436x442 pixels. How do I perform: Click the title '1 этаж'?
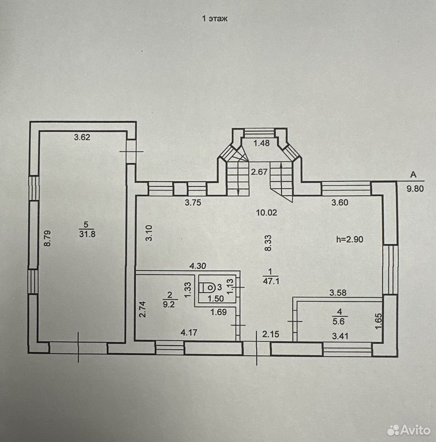tap(215, 19)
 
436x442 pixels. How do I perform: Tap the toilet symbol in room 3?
tap(208, 287)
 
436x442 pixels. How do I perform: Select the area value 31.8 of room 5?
tap(87, 234)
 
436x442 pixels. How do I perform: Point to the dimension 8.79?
tap(47, 238)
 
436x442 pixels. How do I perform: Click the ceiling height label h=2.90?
tap(350, 239)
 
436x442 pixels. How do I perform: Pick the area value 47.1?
tap(271, 281)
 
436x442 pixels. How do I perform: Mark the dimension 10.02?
tap(267, 213)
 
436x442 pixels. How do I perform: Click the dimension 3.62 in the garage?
tap(82, 137)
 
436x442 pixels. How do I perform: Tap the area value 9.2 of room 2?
tap(169, 305)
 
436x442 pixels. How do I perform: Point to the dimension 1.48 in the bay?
tap(262, 143)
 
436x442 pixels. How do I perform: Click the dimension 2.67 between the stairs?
tap(259, 171)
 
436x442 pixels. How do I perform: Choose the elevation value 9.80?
tap(415, 189)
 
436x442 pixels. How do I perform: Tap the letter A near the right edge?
tap(413, 175)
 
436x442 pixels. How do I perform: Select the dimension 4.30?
tap(198, 266)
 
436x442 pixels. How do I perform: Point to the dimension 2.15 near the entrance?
tap(271, 334)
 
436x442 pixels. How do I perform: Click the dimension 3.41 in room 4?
tap(340, 336)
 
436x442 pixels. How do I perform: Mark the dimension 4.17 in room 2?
tap(189, 332)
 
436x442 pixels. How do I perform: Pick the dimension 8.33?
tap(268, 243)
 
